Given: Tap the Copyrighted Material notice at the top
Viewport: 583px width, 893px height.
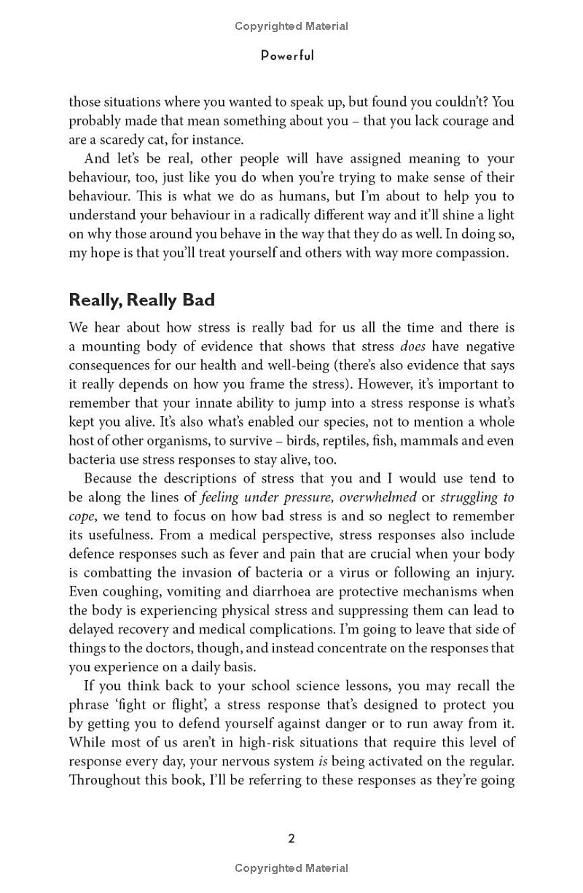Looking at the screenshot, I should pos(291,26).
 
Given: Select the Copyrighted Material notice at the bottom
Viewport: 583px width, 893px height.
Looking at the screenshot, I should pos(291,868).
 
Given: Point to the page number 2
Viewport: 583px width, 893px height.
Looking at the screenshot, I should pos(291,838).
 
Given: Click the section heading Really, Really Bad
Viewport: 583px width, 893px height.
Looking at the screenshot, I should pos(141,300).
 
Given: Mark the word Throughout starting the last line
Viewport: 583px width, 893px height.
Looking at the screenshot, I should pos(106,780).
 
